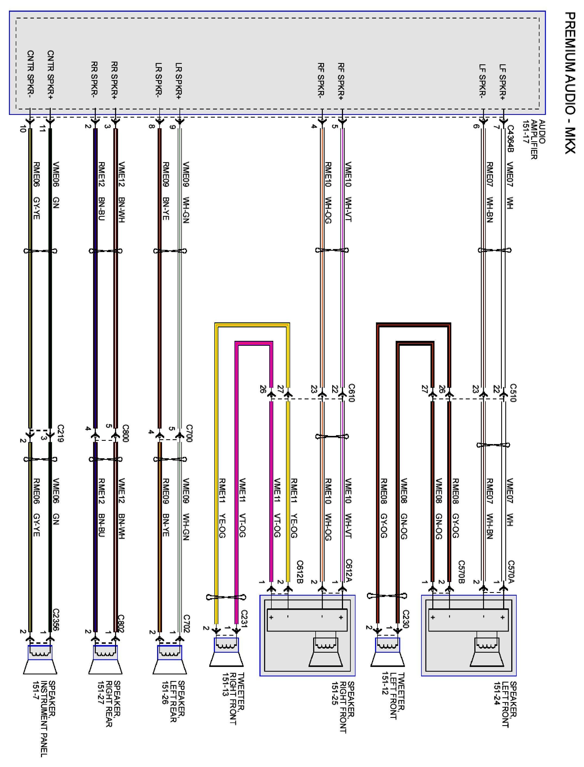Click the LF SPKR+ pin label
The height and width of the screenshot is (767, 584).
pos(503,80)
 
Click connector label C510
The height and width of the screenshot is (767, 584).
pos(513,393)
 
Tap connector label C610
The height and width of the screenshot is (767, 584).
pos(351,393)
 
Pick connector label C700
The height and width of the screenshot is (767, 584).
pos(189,433)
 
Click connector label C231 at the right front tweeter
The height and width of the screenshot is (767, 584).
pos(244,620)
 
